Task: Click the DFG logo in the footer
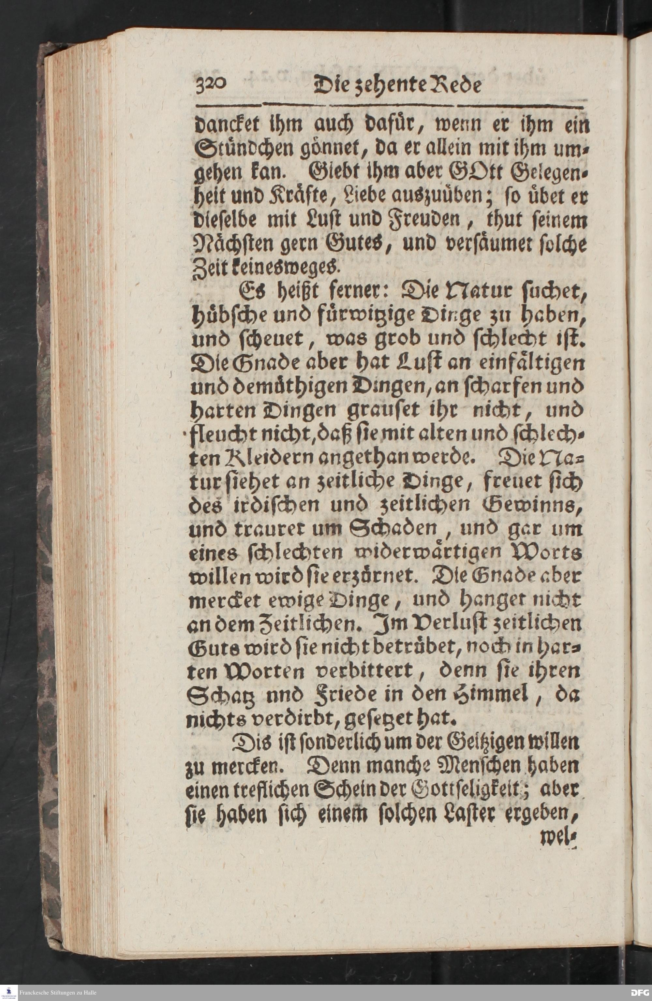coord(640,993)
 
